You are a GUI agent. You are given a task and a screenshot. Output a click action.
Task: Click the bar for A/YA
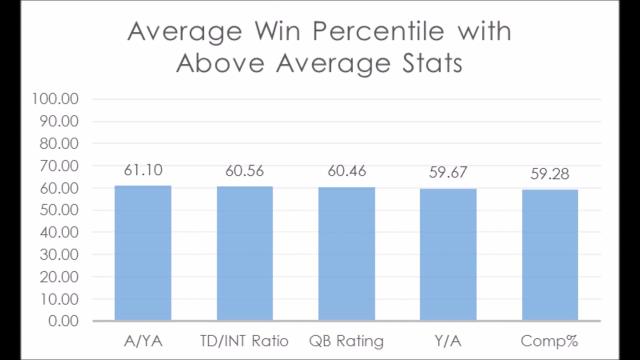tap(143, 253)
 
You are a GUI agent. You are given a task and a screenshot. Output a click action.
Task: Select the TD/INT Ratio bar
tap(245, 253)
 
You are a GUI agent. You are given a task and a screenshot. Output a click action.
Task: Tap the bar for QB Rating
tap(346, 254)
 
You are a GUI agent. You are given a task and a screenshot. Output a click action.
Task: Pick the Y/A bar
tap(448, 255)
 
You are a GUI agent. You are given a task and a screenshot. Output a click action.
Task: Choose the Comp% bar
tap(550, 255)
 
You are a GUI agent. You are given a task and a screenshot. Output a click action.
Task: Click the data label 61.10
tap(143, 170)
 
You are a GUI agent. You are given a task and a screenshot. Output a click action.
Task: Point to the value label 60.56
tap(245, 171)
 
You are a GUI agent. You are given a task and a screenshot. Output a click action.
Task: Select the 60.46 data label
tap(346, 171)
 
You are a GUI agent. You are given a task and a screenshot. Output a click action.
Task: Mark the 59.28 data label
tap(550, 174)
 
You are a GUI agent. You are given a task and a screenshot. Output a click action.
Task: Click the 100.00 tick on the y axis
tap(55, 99)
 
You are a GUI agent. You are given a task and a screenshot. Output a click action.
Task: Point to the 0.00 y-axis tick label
tap(63, 320)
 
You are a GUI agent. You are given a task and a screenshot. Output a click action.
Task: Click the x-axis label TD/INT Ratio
tap(244, 341)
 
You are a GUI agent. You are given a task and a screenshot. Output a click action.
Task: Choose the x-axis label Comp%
tap(549, 341)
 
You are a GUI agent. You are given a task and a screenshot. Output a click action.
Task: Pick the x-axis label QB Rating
tap(346, 341)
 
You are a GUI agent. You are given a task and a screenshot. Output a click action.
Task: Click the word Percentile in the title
tap(378, 31)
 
